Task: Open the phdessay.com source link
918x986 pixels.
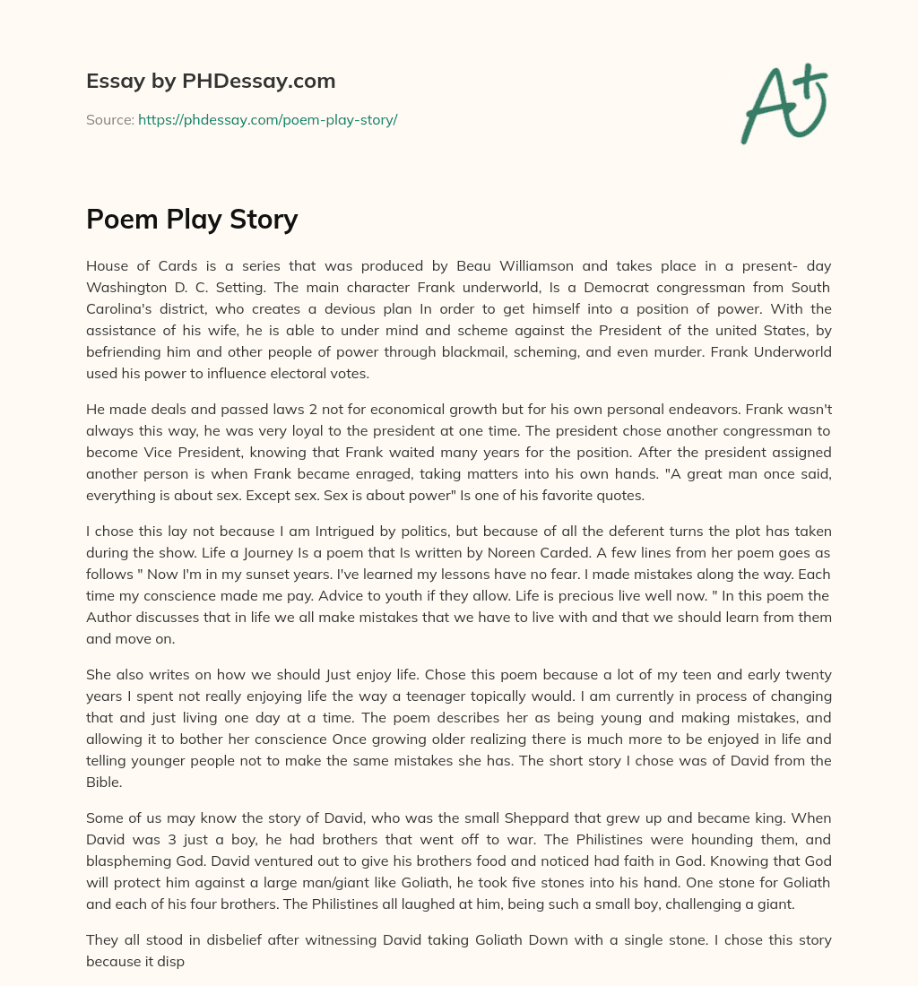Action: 267,119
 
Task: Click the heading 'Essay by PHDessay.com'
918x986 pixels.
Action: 211,81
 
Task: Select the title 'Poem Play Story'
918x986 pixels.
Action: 192,219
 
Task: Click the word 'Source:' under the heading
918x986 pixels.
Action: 109,119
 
